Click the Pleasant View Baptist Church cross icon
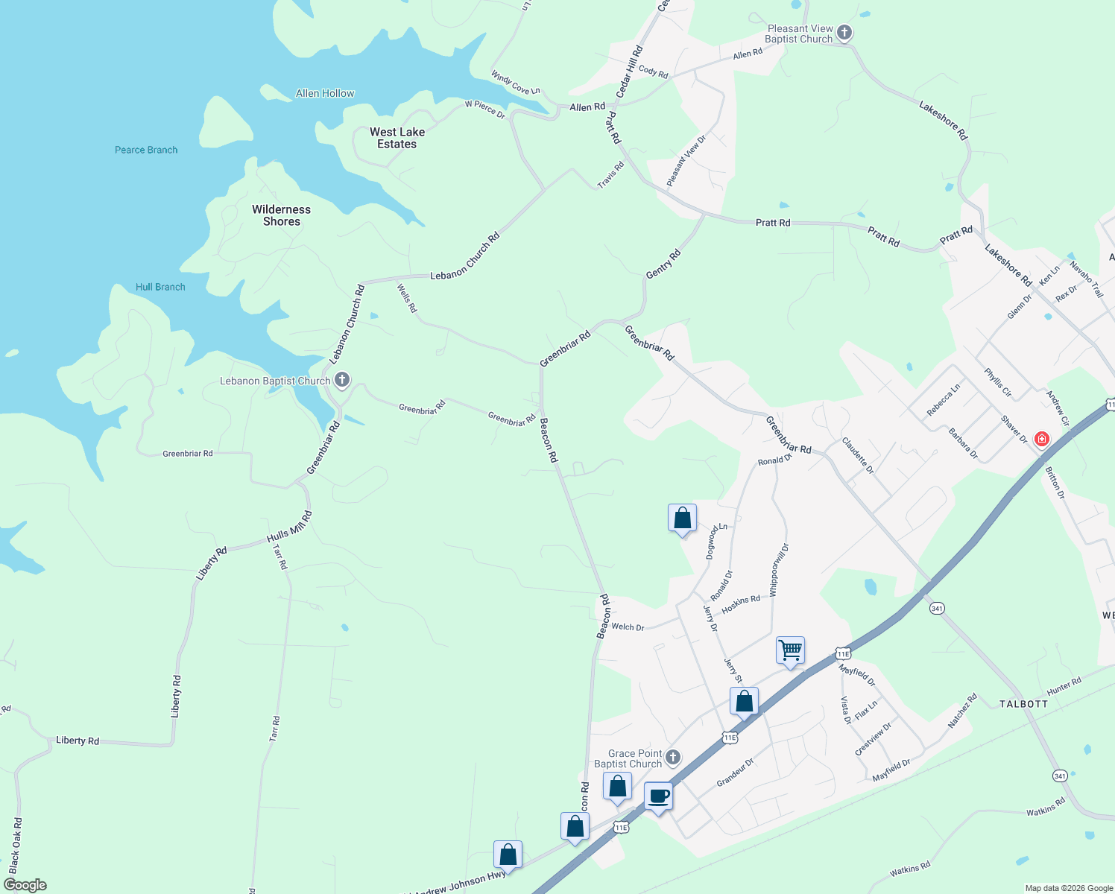pos(844,33)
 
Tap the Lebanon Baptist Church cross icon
pos(341,381)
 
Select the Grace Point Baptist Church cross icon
pos(672,758)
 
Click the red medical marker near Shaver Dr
pos(1042,439)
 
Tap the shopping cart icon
pos(790,650)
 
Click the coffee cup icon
pos(658,796)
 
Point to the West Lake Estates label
pos(397,138)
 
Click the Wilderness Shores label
pos(281,215)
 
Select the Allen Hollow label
pos(325,93)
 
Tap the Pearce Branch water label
pos(146,150)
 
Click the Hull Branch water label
pos(160,287)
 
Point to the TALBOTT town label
pos(1023,704)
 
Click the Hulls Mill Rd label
pos(289,527)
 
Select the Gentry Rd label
pos(663,264)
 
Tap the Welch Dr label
pos(628,627)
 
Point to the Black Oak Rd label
pos(16,845)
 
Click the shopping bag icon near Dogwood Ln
pos(682,518)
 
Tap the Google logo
pos(25,885)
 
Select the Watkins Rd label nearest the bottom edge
pos(910,869)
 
